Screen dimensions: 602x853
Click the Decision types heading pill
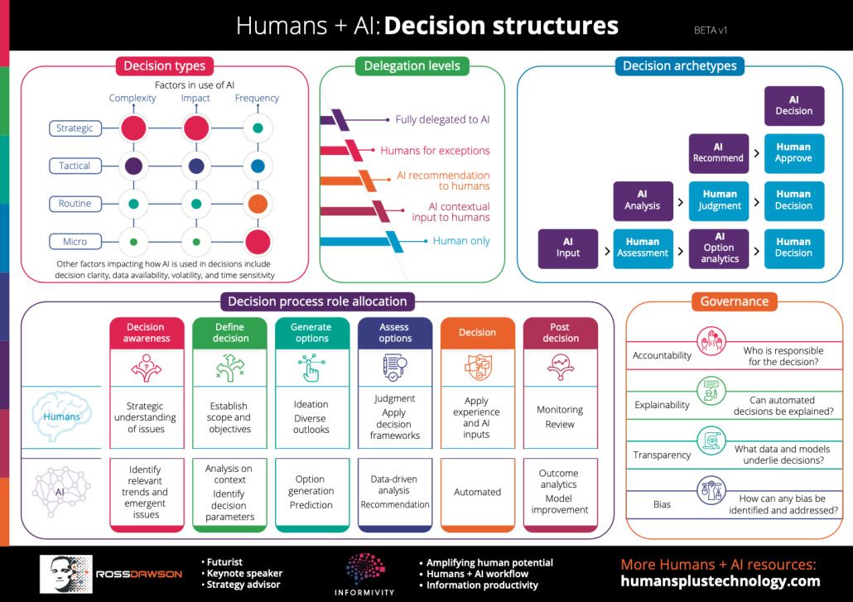click(164, 66)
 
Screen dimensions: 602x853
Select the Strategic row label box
click(75, 128)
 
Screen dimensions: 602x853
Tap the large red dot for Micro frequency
click(258, 242)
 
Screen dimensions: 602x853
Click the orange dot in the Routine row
click(258, 204)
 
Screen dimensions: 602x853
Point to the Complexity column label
click(133, 98)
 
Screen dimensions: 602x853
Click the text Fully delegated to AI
click(442, 119)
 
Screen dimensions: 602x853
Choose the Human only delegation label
click(461, 241)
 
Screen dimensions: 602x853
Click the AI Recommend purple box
click(718, 153)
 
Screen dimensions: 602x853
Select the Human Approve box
click(793, 153)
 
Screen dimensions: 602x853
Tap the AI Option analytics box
click(719, 248)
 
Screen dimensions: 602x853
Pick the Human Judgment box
click(719, 200)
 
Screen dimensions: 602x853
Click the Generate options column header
click(311, 332)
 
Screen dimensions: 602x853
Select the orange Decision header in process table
click(477, 332)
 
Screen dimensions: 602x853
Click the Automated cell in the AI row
click(477, 492)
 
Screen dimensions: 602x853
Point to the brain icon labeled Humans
click(61, 415)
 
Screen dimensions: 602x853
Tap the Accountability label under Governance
click(662, 355)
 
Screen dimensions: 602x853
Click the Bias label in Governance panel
click(662, 503)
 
